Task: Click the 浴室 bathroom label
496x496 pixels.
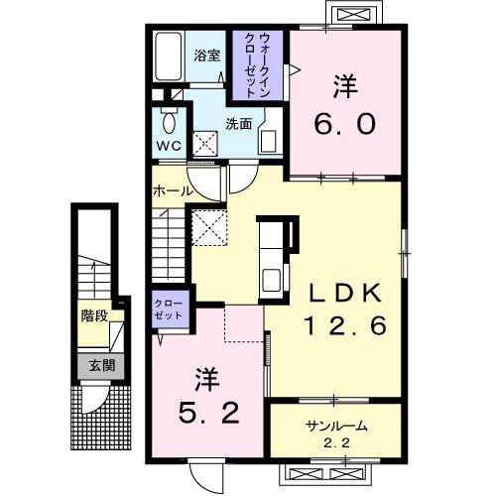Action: [207, 56]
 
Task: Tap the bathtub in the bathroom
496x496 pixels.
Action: [169, 56]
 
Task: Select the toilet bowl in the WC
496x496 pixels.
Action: [170, 122]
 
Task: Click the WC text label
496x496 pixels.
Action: [169, 146]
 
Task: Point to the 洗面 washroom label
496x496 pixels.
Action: [239, 124]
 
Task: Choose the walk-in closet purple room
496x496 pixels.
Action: [258, 65]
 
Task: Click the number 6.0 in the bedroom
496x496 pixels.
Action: [345, 124]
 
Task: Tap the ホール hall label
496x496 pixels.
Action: [173, 190]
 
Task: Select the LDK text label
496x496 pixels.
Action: [345, 293]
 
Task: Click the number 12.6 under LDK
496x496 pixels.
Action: [345, 325]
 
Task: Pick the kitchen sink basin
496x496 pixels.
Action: [272, 280]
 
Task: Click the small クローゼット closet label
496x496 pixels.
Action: [169, 310]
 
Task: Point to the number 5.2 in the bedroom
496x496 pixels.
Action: [209, 414]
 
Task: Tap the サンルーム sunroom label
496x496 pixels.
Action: [336, 426]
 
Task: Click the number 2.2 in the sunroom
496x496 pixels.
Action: [336, 442]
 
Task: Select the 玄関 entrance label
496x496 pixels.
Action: [101, 365]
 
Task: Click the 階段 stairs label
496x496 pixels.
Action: [94, 315]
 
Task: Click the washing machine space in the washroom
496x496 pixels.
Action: [205, 144]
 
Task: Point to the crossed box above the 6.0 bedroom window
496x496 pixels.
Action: [355, 15]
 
